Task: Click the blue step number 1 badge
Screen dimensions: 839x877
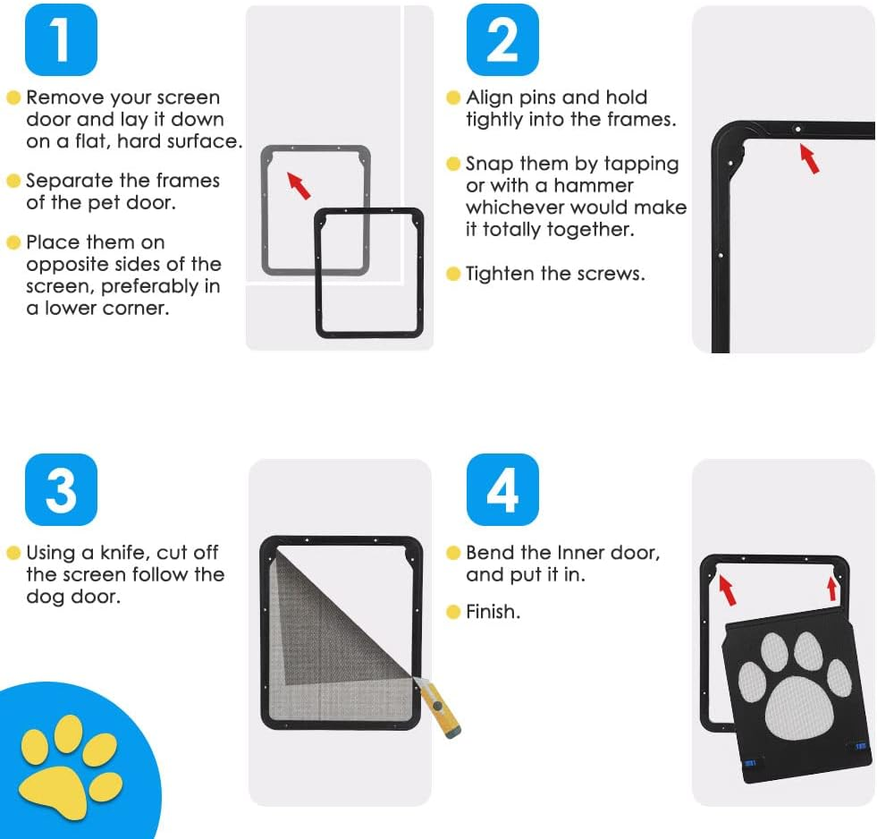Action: point(60,39)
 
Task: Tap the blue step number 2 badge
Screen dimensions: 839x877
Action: point(502,39)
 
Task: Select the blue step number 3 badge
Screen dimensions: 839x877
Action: point(60,489)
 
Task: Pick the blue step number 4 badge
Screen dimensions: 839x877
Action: point(502,489)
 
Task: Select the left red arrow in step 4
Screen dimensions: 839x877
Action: point(728,589)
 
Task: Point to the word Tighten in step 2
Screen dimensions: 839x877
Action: point(502,274)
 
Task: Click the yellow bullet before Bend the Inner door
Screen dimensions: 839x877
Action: point(453,553)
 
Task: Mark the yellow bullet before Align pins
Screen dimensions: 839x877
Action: point(453,97)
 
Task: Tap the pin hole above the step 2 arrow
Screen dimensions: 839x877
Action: point(797,129)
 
